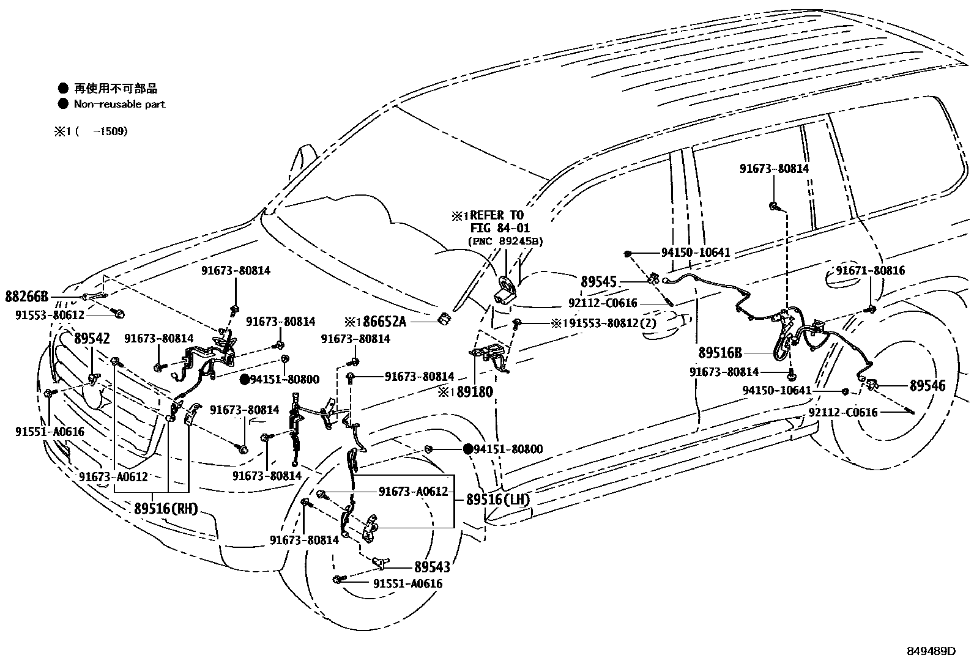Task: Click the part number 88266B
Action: point(26,297)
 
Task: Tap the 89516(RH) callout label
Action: point(166,509)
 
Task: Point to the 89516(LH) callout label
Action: point(497,500)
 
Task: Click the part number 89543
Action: point(431,567)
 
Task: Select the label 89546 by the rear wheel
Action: point(927,386)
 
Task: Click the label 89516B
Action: point(720,353)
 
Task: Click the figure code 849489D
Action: point(931,651)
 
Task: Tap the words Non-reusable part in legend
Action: point(119,104)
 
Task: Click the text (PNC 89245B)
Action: point(505,241)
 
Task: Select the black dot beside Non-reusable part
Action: point(62,104)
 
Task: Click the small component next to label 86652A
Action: point(445,318)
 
